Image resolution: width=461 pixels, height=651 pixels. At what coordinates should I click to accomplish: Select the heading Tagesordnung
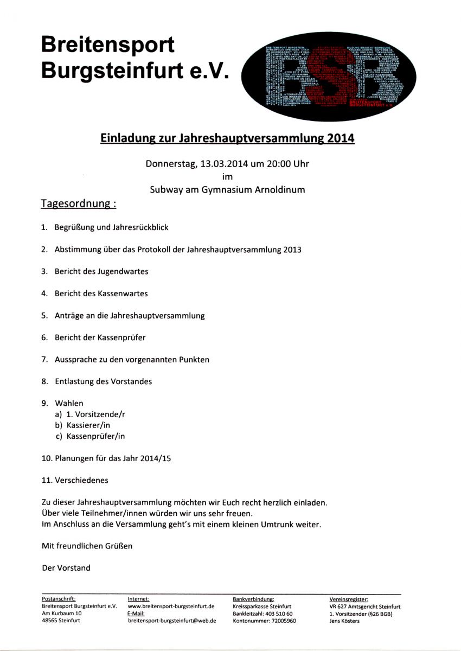(79, 204)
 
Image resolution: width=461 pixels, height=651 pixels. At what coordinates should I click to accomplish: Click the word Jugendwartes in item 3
(123, 271)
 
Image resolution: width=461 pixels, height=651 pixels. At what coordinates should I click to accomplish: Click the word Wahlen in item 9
(69, 403)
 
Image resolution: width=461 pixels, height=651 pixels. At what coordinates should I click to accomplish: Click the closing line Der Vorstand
(66, 568)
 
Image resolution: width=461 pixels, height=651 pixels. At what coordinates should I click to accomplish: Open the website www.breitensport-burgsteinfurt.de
(171, 606)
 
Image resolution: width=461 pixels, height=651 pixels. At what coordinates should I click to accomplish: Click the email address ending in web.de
(171, 621)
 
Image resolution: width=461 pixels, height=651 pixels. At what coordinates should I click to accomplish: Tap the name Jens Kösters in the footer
(344, 621)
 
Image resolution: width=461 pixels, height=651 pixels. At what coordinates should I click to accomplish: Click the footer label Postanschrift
(59, 599)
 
